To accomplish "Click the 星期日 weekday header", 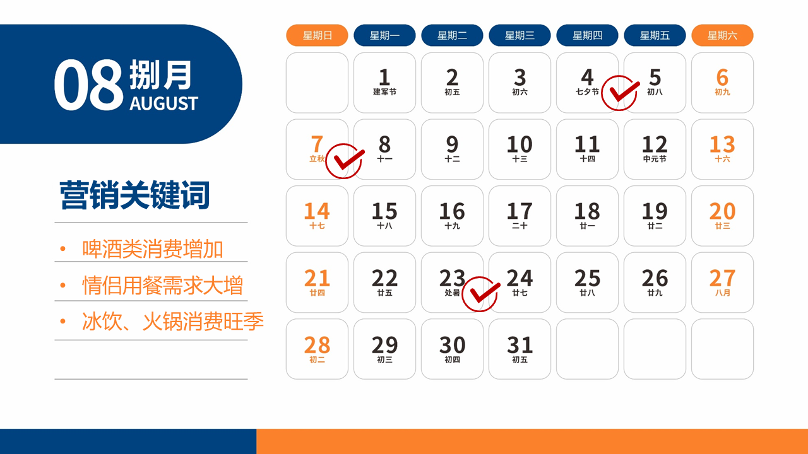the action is pos(317,35).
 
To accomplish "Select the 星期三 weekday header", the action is pos(520,35).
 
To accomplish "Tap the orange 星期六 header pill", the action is pos(722,35).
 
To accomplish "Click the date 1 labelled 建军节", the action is pos(384,83).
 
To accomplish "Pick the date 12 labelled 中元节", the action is pos(655,149).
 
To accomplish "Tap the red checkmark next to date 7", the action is pos(345,161).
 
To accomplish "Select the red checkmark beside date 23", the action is pos(481,294).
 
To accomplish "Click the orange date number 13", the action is pos(722,144).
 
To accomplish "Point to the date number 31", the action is pos(520,345).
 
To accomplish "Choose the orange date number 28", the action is pos(317,345).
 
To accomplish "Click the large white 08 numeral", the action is pos(88,84).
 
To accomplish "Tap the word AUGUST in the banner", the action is pos(163,103).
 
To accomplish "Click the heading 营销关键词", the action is pos(134,195).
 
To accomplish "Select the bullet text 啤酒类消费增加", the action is pos(153,248).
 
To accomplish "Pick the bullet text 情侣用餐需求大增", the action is pos(163,286).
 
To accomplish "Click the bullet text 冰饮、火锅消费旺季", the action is pos(173,321).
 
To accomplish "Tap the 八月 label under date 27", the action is pos(723,293).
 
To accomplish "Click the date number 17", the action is pos(520,211).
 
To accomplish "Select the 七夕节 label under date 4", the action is pos(587,92).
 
